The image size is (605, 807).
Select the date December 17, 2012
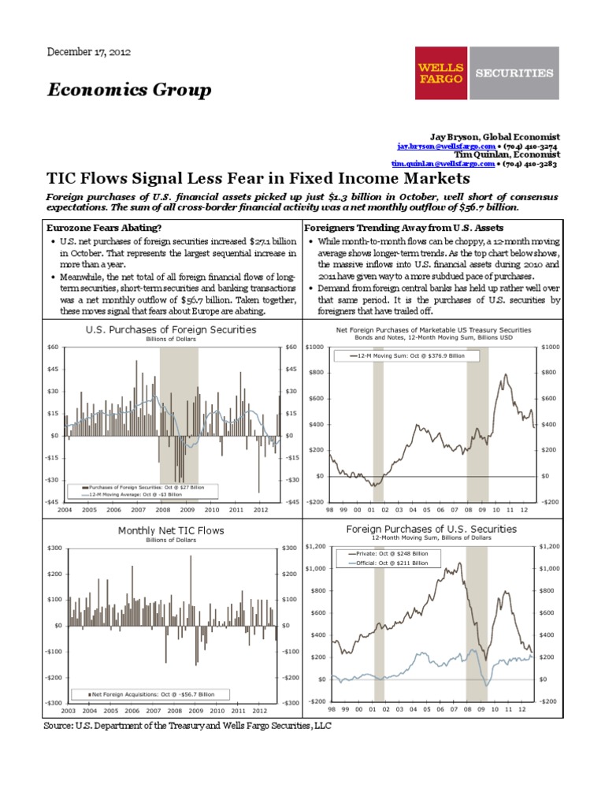click(x=89, y=52)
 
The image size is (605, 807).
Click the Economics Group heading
click(x=129, y=91)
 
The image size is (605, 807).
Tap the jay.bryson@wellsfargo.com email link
click(x=446, y=147)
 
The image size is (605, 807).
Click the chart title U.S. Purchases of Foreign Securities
click(x=171, y=330)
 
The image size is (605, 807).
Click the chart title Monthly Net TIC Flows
click(x=171, y=530)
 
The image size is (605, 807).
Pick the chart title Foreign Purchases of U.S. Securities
click(x=432, y=529)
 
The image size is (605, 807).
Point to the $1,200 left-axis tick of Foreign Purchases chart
click(x=314, y=546)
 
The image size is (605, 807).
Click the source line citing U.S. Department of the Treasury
click(x=187, y=727)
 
